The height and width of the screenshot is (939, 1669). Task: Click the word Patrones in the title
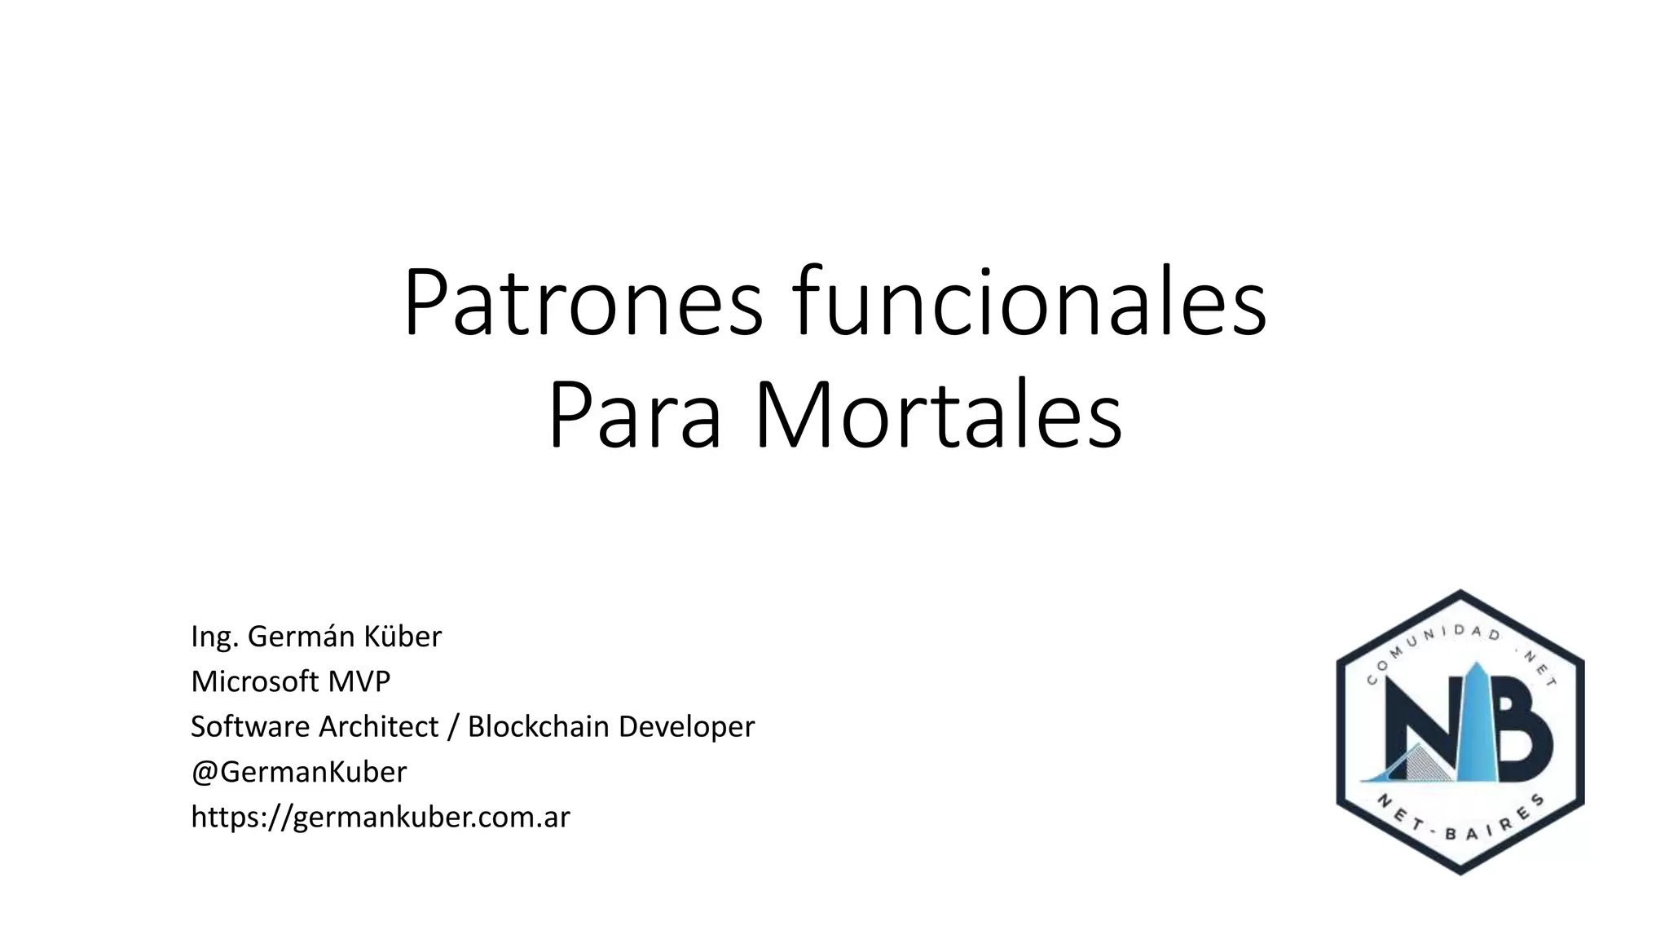pos(583,302)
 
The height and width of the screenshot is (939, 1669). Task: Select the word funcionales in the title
pos(1029,302)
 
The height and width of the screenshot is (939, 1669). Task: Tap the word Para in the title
pos(635,415)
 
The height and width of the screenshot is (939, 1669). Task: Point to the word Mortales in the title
pos(938,415)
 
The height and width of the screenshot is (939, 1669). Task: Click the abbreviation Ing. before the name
pos(214,637)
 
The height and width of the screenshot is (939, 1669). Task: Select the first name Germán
pos(301,637)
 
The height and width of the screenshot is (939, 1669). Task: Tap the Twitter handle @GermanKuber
pos(298,772)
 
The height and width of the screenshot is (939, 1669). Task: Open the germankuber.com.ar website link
pos(381,817)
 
